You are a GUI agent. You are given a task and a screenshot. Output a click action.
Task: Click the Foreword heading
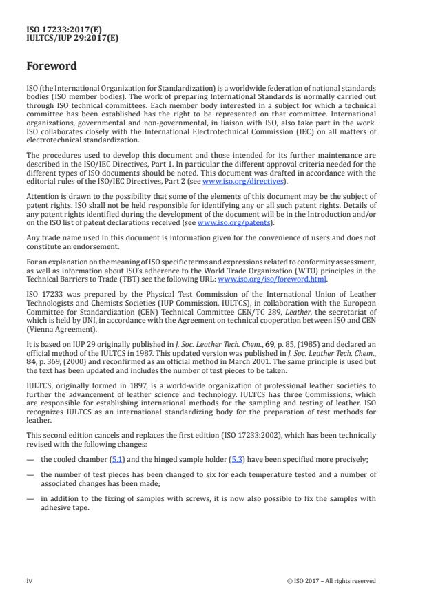point(52,67)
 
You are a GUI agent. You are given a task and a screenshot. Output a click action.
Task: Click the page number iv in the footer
point(30,580)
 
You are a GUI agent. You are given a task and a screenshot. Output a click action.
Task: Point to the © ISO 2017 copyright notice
point(331,580)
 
